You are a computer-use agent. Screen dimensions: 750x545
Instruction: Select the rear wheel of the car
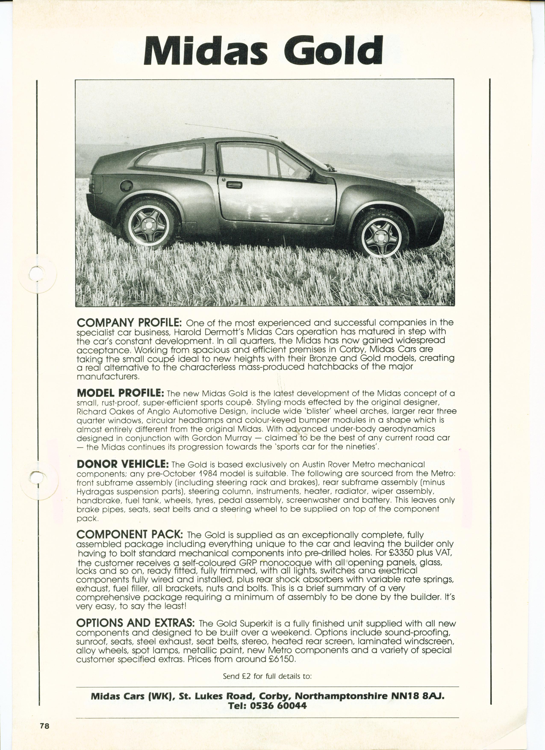pyautogui.click(x=149, y=223)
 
